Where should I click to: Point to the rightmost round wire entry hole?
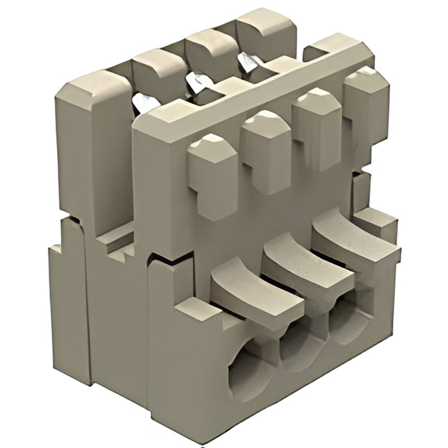(x=347, y=320)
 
